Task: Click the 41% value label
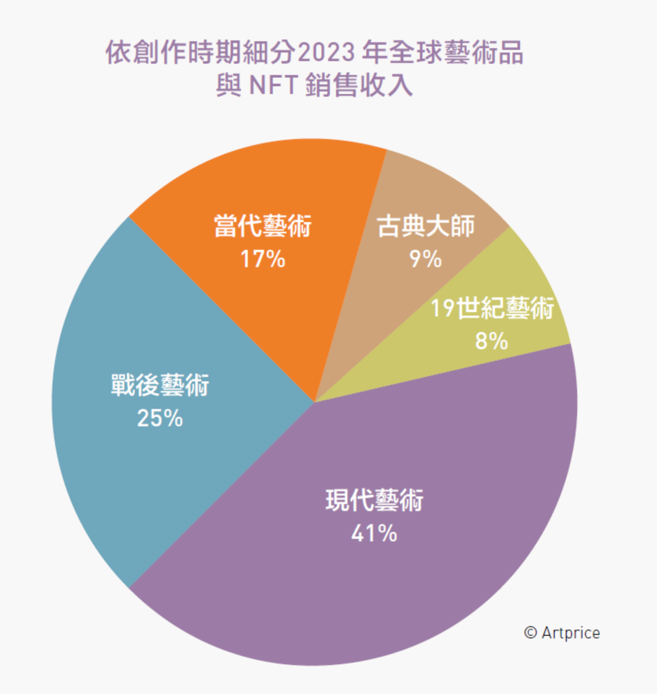pos(374,534)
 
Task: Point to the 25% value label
pos(160,419)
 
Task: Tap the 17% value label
pos(263,259)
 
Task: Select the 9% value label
pos(425,259)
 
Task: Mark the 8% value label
pos(492,341)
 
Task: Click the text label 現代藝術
pos(375,502)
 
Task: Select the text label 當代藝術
pos(263,226)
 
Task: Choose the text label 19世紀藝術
pos(492,310)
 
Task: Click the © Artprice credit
pos(561,632)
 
